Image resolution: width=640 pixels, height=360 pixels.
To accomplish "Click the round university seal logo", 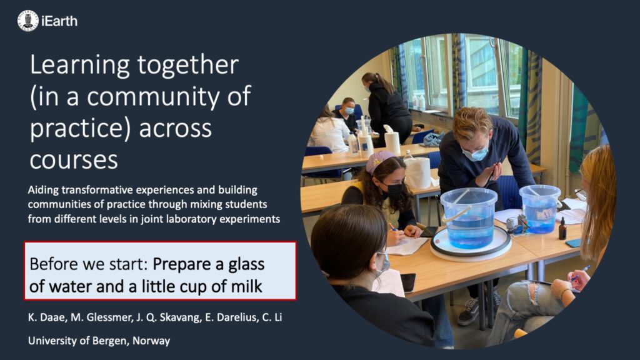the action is pyautogui.click(x=27, y=21).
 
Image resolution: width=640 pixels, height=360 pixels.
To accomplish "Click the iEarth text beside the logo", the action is pyautogui.click(x=59, y=21).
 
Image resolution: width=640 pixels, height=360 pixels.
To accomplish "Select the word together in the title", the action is pyautogui.click(x=187, y=65).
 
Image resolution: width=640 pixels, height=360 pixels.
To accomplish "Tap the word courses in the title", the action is pyautogui.click(x=74, y=159).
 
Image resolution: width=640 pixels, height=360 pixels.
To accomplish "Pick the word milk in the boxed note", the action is pyautogui.click(x=246, y=286).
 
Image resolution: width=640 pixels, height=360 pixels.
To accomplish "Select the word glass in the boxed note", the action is pyautogui.click(x=246, y=265).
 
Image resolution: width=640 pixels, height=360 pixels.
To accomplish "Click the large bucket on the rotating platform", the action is pyautogui.click(x=469, y=217).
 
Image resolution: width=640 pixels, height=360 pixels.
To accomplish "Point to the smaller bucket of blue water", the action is pyautogui.click(x=539, y=209).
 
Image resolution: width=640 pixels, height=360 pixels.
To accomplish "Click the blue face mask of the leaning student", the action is pyautogui.click(x=476, y=154).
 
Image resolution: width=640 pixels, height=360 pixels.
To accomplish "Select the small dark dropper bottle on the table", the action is pyautogui.click(x=562, y=228).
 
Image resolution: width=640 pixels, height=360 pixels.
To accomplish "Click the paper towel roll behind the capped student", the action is pyautogui.click(x=417, y=172).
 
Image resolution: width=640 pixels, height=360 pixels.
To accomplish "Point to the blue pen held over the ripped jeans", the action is pyautogui.click(x=579, y=274).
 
